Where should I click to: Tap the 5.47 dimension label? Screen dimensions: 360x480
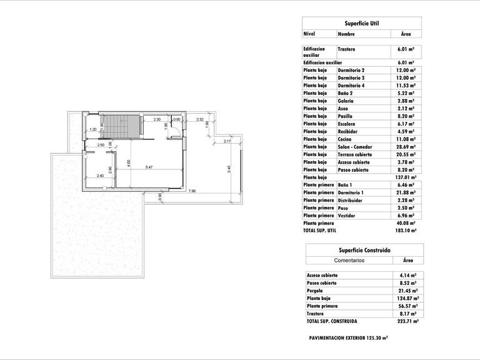(149, 167)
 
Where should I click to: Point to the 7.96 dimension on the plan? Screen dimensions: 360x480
(192, 191)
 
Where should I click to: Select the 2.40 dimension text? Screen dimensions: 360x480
(99, 176)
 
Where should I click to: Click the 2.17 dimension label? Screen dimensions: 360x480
(227, 141)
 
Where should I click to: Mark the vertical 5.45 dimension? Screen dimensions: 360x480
(229, 169)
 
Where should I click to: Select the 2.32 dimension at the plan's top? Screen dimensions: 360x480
(200, 119)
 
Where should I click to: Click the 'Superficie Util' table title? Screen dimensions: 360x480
(361, 22)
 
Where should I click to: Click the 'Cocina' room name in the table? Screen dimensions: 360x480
(346, 138)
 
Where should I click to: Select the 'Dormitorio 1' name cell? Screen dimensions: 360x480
(351, 192)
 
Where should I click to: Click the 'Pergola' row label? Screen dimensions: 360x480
(316, 291)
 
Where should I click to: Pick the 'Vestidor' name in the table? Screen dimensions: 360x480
(347, 216)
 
